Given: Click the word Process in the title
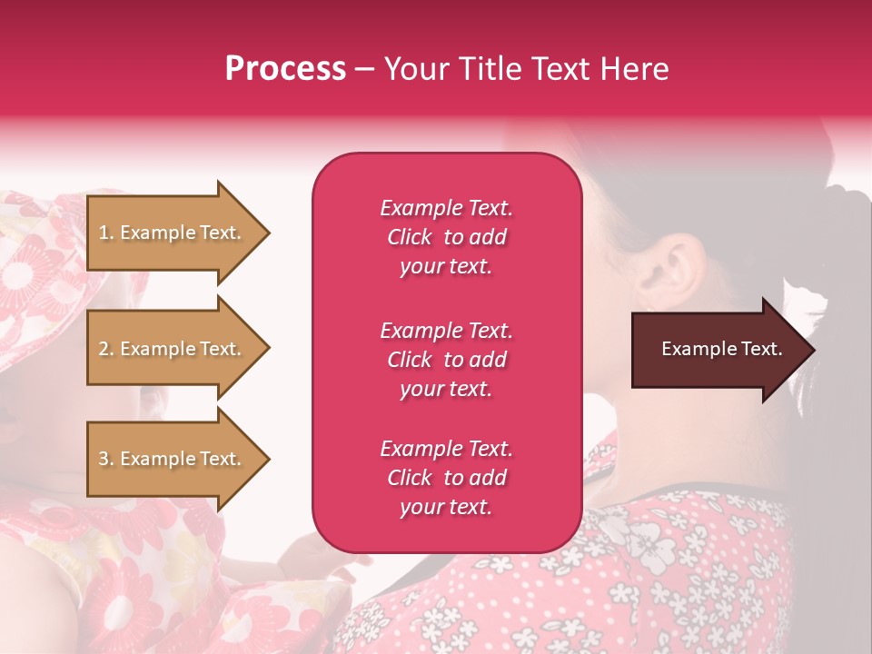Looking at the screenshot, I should [285, 69].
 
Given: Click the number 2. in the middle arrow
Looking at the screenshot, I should [106, 349].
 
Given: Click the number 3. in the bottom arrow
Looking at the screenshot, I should [106, 459].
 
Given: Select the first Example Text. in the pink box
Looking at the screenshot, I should [446, 208].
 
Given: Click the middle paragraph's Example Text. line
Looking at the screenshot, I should [446, 331].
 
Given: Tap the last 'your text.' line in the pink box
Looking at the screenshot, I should [446, 507].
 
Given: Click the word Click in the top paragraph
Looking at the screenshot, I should [409, 237].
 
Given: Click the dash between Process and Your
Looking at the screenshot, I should [364, 69].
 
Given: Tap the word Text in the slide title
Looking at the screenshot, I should [553, 69].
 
